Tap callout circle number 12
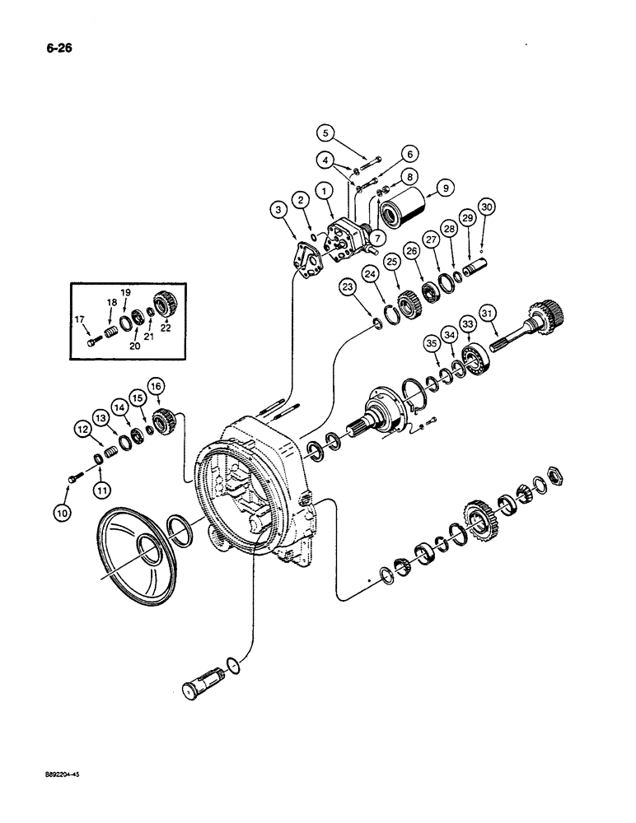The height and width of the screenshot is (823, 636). point(84,428)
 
